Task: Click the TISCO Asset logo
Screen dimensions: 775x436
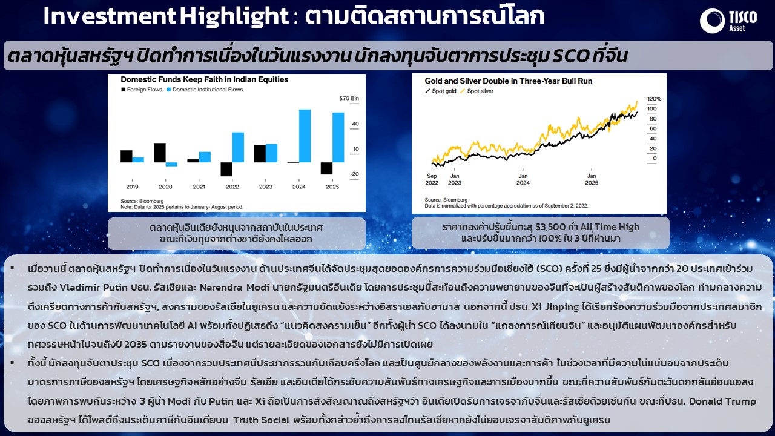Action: tap(728, 21)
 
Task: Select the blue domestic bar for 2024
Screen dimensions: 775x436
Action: tap(305, 136)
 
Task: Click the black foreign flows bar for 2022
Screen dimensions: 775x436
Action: tap(226, 169)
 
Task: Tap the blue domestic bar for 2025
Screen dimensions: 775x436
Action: tap(338, 137)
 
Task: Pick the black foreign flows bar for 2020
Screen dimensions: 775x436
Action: tap(160, 153)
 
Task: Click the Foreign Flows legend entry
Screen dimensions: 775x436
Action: tap(142, 90)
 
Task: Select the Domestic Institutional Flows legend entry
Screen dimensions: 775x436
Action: tap(205, 90)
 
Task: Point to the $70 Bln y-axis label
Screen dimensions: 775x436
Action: tap(349, 98)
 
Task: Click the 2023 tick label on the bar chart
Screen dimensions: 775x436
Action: tap(266, 187)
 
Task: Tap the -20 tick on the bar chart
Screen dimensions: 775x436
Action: tap(354, 174)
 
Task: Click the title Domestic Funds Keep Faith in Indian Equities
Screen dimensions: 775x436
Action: tap(205, 79)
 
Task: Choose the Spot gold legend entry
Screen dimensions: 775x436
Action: tap(441, 91)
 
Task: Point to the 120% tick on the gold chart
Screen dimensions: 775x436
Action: tap(655, 99)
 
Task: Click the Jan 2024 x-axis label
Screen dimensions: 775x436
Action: tap(523, 180)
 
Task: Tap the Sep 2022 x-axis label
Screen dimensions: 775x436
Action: tap(432, 180)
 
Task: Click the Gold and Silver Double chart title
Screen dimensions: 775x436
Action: tap(509, 81)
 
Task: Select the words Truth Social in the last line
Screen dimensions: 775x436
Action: tap(261, 420)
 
